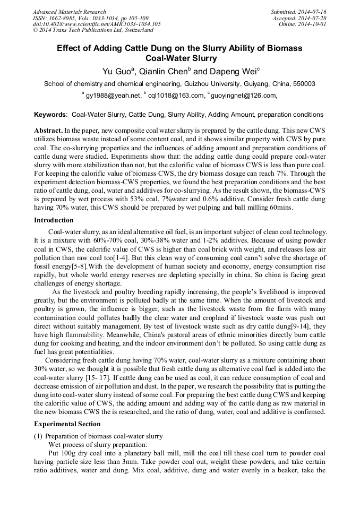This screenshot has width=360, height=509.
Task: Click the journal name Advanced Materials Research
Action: [69, 12]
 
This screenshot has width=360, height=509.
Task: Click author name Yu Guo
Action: [116, 71]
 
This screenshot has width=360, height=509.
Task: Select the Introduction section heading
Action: [54, 220]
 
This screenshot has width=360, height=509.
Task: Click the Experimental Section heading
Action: [67, 424]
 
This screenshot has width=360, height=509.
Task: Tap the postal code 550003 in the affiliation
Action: [304, 84]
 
